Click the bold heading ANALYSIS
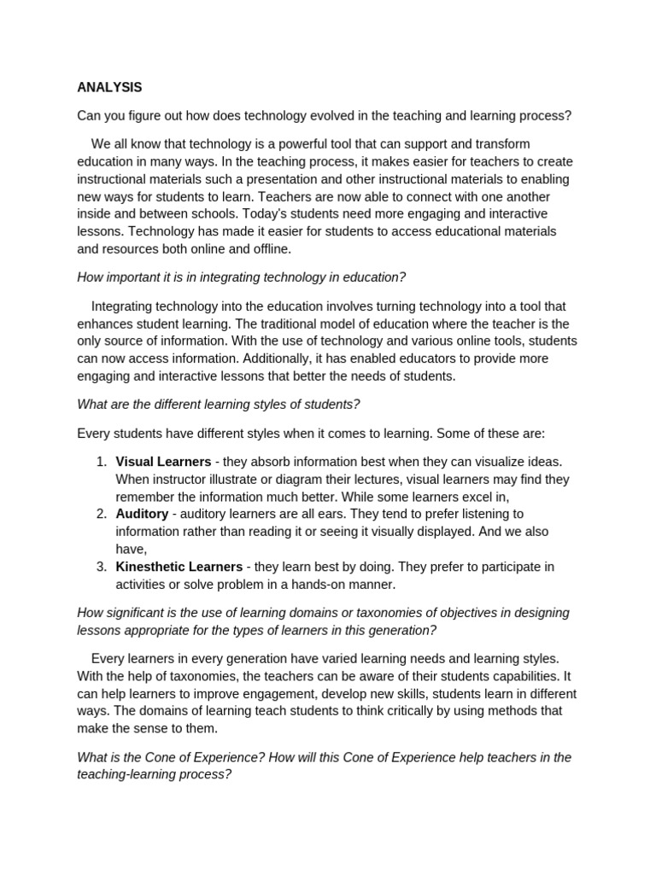tap(109, 87)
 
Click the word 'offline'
tap(266, 248)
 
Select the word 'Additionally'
tap(263, 358)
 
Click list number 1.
tap(101, 462)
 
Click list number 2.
tap(101, 514)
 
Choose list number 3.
tap(101, 567)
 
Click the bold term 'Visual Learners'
tap(163, 462)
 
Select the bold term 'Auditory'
tap(142, 514)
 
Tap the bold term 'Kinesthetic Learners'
tap(179, 567)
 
